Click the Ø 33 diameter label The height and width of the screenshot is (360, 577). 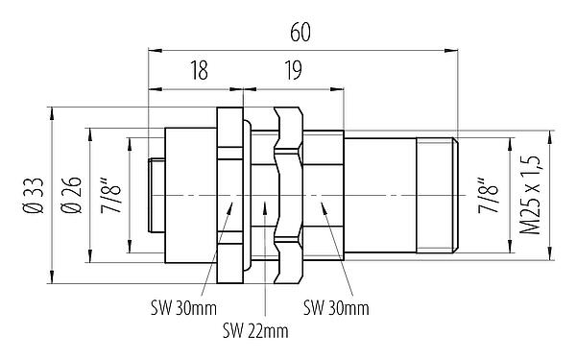[31, 196]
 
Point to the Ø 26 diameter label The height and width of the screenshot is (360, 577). [68, 196]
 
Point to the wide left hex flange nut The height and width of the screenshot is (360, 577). [228, 196]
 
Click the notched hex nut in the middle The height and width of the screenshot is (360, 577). [288, 196]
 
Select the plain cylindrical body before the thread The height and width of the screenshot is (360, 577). [379, 196]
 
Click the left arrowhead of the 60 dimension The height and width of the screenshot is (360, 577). [151, 46]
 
